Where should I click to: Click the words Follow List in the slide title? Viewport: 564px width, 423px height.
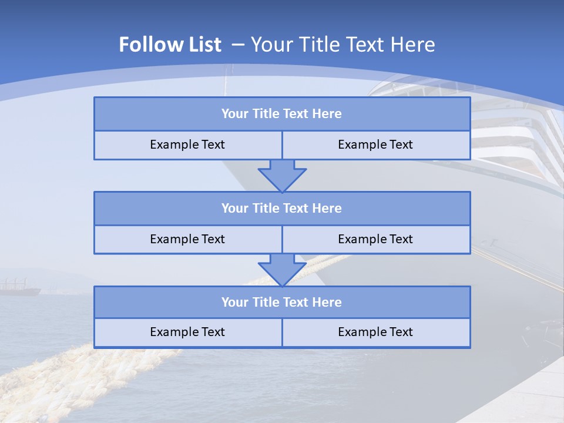[170, 45]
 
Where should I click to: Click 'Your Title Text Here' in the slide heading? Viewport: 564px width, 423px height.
[343, 45]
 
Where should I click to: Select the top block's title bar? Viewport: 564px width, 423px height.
[282, 114]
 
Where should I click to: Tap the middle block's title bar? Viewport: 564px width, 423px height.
[282, 209]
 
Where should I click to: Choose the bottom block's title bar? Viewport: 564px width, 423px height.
[282, 303]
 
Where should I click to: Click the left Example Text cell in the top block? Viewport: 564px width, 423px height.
[187, 145]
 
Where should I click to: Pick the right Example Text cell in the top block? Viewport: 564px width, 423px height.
[375, 145]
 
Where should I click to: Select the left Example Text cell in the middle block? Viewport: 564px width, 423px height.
[187, 240]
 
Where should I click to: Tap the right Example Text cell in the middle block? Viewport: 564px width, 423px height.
[375, 240]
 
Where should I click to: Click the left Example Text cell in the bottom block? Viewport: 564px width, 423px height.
[187, 333]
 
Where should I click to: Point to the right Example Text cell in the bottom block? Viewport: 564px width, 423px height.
[375, 333]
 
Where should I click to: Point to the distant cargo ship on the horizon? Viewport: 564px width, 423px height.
[21, 288]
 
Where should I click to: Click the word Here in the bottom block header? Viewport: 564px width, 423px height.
[327, 303]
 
